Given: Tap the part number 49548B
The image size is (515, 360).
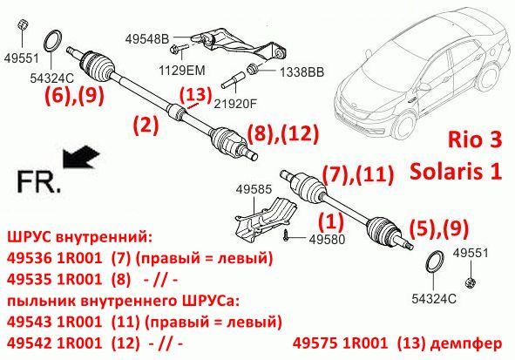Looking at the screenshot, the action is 147,38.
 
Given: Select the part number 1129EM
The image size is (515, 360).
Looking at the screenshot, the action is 181,70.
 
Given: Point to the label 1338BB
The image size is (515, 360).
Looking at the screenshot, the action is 302,72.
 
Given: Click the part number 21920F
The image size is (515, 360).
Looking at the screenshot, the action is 235,104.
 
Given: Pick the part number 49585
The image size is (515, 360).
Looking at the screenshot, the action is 254,189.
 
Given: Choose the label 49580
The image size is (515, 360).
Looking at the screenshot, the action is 327,240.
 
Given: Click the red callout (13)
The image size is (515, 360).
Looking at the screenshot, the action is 195,95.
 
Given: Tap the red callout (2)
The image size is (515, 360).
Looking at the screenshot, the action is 146,125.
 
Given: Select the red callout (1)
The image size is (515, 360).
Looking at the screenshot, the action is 331,221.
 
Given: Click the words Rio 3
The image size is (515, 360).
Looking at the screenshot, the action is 475,139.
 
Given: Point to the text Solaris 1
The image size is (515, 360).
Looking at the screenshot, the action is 456,171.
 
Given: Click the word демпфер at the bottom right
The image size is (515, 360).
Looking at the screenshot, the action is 465,343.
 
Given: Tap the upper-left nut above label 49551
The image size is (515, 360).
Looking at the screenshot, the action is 23,24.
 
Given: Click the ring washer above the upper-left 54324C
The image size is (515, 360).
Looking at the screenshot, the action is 52,41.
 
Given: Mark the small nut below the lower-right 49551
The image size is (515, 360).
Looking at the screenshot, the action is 471,282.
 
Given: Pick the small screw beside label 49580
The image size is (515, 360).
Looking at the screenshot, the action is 286,235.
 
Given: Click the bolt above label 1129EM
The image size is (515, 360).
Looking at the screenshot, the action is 179,49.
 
